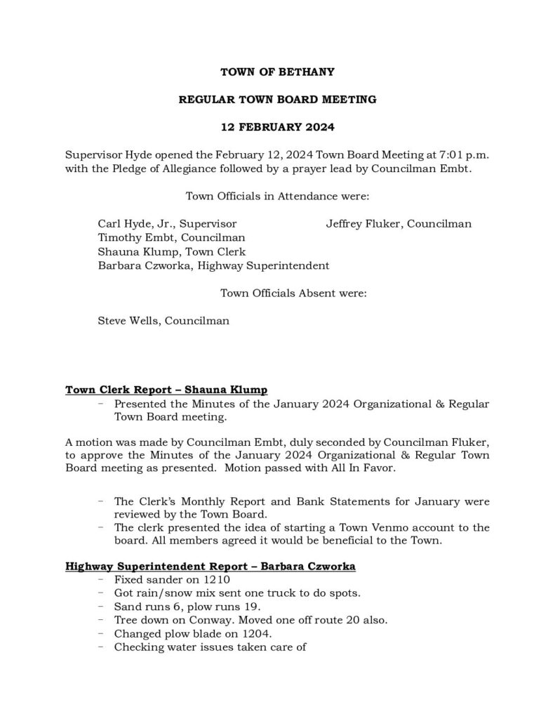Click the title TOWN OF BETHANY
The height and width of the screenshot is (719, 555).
277,72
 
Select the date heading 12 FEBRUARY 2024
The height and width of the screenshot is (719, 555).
277,127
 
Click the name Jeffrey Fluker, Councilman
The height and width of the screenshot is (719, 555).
398,224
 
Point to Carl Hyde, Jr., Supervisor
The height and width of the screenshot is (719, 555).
172,224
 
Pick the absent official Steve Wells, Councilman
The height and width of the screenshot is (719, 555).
163,321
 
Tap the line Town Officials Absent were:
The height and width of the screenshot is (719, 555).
293,293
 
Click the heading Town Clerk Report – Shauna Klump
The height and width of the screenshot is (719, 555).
166,390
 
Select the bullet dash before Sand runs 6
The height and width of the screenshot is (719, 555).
102,607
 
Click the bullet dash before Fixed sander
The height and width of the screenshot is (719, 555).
102,579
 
